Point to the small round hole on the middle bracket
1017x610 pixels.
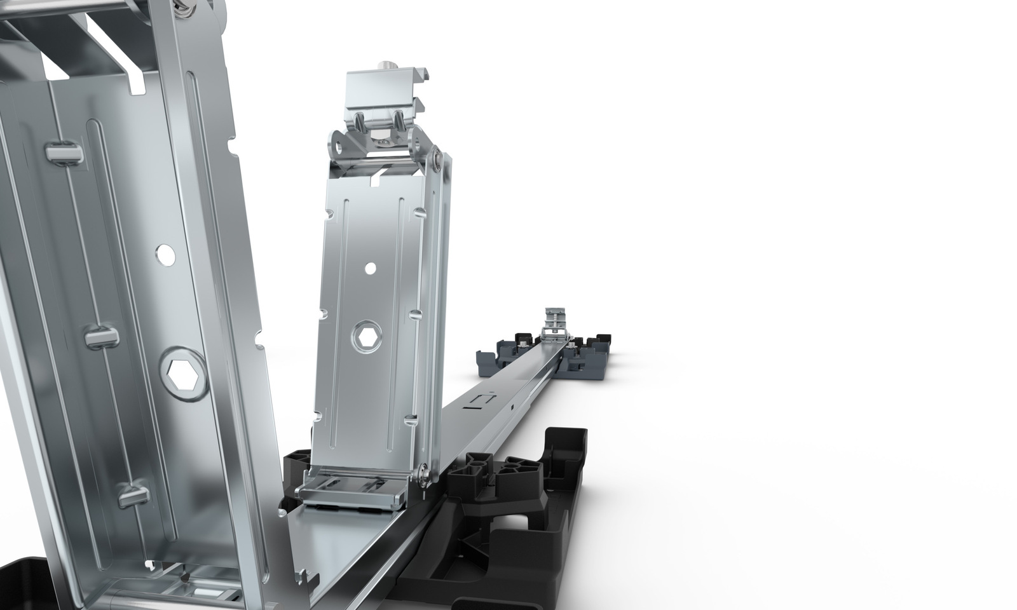[x=371, y=268]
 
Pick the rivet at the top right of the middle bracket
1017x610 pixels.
[x=437, y=151]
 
